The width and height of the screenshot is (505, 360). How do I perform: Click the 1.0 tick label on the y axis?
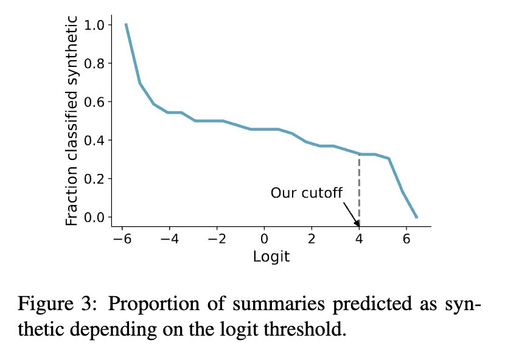[96, 25]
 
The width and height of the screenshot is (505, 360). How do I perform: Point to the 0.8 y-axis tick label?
[96, 63]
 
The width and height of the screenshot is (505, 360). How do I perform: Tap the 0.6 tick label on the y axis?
[96, 102]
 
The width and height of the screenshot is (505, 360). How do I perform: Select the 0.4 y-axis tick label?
[96, 140]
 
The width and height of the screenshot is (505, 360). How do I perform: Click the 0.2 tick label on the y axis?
[96, 179]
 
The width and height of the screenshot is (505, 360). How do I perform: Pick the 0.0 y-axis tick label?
[96, 217]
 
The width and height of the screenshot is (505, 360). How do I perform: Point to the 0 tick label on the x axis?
[264, 238]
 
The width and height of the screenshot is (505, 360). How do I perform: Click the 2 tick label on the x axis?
[312, 238]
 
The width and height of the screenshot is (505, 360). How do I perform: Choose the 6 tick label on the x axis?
[406, 238]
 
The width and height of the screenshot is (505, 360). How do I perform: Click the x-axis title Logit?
[271, 256]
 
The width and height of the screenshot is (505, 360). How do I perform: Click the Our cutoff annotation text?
[307, 193]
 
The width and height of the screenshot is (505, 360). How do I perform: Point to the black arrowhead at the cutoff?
[357, 223]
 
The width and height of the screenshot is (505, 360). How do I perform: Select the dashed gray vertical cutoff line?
[359, 189]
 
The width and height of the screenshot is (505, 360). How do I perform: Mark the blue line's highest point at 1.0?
[126, 25]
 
